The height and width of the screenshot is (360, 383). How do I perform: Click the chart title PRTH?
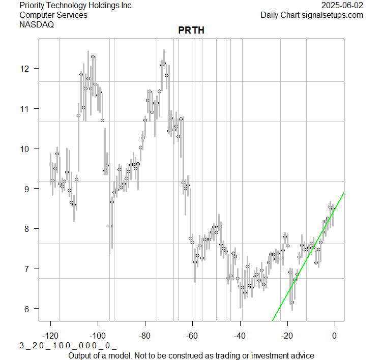click(191, 31)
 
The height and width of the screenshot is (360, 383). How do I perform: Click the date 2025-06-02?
click(342, 5)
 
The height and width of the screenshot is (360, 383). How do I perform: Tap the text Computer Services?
click(53, 15)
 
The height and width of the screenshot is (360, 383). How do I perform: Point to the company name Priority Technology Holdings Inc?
click(75, 5)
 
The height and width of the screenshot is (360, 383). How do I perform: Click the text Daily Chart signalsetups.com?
click(312, 15)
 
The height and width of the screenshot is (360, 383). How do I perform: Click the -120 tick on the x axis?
click(50, 336)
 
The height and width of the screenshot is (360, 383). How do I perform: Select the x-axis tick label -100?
click(98, 336)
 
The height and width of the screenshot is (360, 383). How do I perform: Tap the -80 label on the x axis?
click(145, 336)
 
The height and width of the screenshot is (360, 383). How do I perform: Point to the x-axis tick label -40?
click(240, 336)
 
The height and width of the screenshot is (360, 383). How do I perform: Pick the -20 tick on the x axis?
click(287, 336)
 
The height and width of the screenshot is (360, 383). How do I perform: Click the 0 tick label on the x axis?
click(335, 336)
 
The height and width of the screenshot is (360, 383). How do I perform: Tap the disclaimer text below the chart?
click(191, 355)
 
